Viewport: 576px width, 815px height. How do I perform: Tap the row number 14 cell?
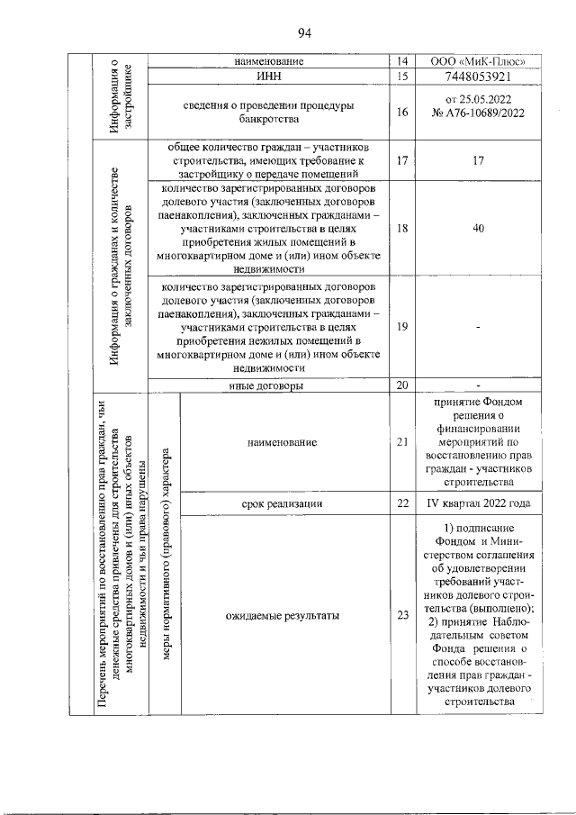pyautogui.click(x=401, y=61)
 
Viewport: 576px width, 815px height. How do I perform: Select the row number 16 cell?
pyautogui.click(x=401, y=113)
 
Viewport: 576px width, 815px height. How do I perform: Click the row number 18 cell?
pyautogui.click(x=401, y=229)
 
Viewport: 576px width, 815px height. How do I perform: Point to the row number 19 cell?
pyautogui.click(x=401, y=327)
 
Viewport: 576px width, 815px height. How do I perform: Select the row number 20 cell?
pyautogui.click(x=401, y=385)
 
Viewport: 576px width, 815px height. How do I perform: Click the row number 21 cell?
pyautogui.click(x=401, y=442)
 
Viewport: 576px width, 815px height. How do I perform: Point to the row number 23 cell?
pyautogui.click(x=401, y=616)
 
